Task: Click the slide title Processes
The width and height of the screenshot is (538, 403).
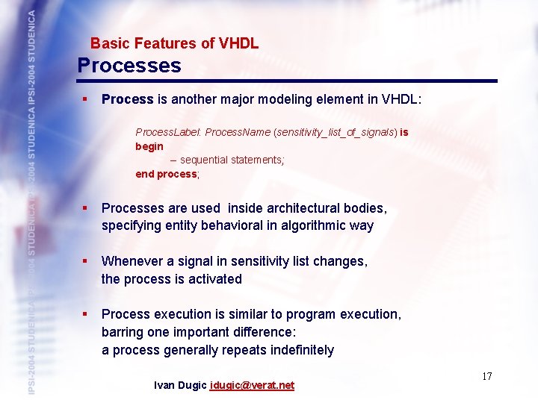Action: pyautogui.click(x=129, y=66)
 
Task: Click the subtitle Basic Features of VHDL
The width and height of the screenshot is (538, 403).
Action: pyautogui.click(x=174, y=43)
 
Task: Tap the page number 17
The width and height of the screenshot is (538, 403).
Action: pyautogui.click(x=486, y=376)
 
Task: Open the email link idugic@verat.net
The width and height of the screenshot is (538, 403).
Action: pyautogui.click(x=253, y=385)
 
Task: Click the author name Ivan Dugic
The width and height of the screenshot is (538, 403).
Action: pyautogui.click(x=180, y=385)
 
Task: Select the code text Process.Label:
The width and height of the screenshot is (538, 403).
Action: pyautogui.click(x=168, y=132)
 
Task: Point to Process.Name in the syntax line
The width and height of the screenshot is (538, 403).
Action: pyautogui.click(x=238, y=132)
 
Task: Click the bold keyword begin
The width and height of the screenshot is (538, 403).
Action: pyautogui.click(x=149, y=146)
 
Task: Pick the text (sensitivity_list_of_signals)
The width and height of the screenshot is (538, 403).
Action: pyautogui.click(x=336, y=132)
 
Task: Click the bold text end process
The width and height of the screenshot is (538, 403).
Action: pyautogui.click(x=165, y=174)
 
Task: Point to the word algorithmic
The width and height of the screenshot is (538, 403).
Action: pyautogui.click(x=308, y=225)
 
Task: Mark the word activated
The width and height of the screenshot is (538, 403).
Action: pyautogui.click(x=214, y=279)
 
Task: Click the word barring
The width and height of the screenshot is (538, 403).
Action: pyautogui.click(x=123, y=332)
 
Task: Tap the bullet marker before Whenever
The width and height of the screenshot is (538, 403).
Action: pyautogui.click(x=86, y=261)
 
